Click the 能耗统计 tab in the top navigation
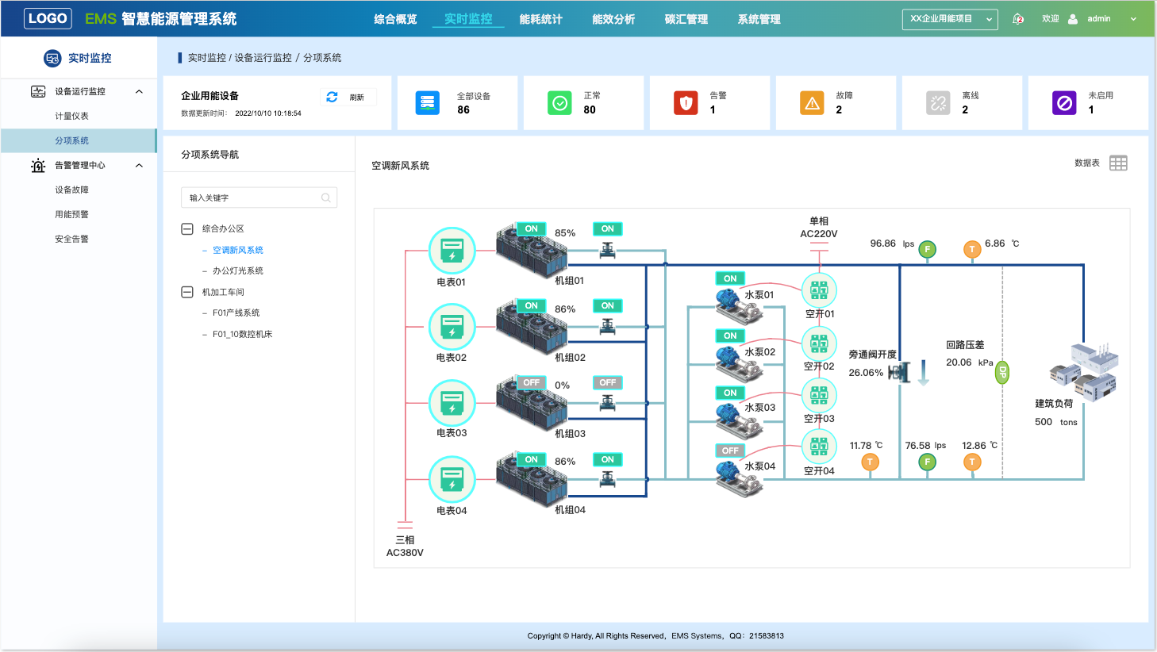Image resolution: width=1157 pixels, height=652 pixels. (540, 19)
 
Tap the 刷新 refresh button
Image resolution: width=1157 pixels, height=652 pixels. (348, 97)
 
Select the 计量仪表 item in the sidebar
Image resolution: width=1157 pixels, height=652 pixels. (71, 116)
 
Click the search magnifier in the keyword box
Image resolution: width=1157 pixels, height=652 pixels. (326, 198)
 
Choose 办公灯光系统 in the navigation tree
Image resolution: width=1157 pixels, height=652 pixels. (237, 270)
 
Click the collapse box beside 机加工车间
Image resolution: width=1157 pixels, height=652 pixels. (187, 292)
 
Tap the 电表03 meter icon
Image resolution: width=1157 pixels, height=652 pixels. (452, 403)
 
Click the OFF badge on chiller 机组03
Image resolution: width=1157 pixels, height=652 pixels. (531, 382)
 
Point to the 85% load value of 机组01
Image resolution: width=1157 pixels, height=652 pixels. (564, 233)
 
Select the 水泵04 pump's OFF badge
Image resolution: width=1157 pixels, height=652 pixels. (730, 451)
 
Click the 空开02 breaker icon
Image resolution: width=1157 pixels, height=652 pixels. (819, 343)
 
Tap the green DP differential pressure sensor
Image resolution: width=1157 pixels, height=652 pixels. (1002, 372)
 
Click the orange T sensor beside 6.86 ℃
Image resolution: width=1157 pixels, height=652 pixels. (972, 250)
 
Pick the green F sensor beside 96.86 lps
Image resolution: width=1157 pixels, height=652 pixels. (927, 250)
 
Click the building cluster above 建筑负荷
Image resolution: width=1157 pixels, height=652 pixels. (1084, 372)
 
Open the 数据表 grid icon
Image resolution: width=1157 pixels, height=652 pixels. (1118, 163)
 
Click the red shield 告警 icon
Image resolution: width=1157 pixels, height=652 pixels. (686, 103)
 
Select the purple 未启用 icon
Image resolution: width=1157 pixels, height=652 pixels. (1064, 103)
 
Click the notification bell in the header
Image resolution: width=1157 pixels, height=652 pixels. (1017, 19)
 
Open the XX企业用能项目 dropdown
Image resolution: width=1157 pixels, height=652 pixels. (950, 19)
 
